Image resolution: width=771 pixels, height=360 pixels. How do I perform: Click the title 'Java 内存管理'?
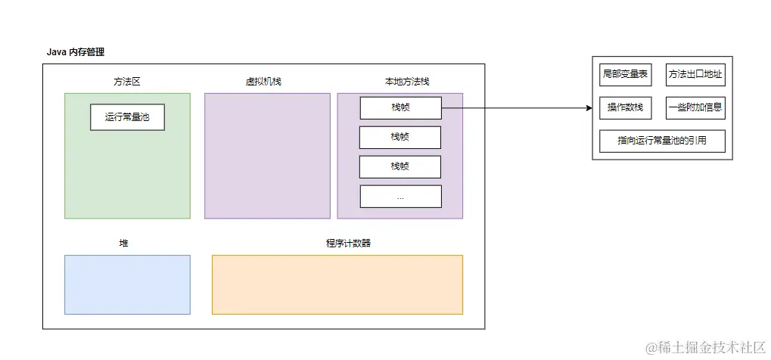click(x=76, y=52)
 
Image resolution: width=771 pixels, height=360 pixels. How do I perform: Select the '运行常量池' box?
click(x=127, y=117)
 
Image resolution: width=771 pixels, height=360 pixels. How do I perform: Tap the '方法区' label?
click(x=127, y=81)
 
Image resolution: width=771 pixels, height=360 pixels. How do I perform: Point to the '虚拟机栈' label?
click(x=263, y=81)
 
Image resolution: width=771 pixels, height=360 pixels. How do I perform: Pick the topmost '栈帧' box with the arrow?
click(x=400, y=108)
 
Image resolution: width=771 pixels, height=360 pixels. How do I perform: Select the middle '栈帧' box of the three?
click(x=400, y=137)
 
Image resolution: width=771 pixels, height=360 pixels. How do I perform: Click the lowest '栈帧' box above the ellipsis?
click(x=400, y=166)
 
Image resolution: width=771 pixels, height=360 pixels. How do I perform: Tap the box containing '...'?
click(x=400, y=196)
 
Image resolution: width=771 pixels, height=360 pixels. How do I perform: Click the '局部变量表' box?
click(x=624, y=74)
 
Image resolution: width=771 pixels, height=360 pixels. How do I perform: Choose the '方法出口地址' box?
click(x=695, y=74)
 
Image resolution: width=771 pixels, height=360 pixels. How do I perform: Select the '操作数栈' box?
click(x=624, y=107)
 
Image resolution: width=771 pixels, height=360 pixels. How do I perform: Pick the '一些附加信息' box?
click(x=695, y=107)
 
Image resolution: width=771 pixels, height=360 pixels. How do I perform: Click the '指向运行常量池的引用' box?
click(x=661, y=141)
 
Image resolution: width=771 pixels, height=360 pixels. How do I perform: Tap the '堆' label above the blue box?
click(x=124, y=244)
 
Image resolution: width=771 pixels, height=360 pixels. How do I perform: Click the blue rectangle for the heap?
click(x=127, y=284)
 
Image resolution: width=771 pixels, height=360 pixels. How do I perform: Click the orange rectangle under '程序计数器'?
click(x=337, y=284)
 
